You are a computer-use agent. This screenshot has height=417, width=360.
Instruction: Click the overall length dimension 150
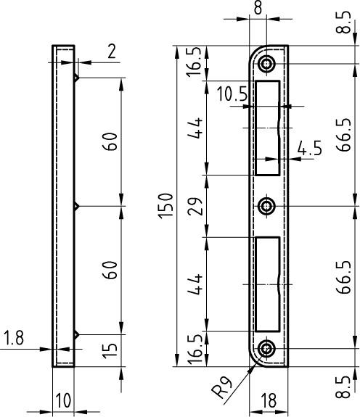(165, 207)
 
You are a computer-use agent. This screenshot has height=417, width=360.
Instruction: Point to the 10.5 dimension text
(232, 94)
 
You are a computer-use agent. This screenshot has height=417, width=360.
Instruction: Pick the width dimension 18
(269, 401)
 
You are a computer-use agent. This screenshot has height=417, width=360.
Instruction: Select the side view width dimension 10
(62, 401)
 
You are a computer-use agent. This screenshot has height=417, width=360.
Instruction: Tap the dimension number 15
(110, 351)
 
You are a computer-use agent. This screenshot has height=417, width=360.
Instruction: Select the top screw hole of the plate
(269, 64)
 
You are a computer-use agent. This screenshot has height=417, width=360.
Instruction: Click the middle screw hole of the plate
(269, 206)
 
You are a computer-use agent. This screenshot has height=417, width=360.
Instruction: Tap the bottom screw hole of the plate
(269, 349)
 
